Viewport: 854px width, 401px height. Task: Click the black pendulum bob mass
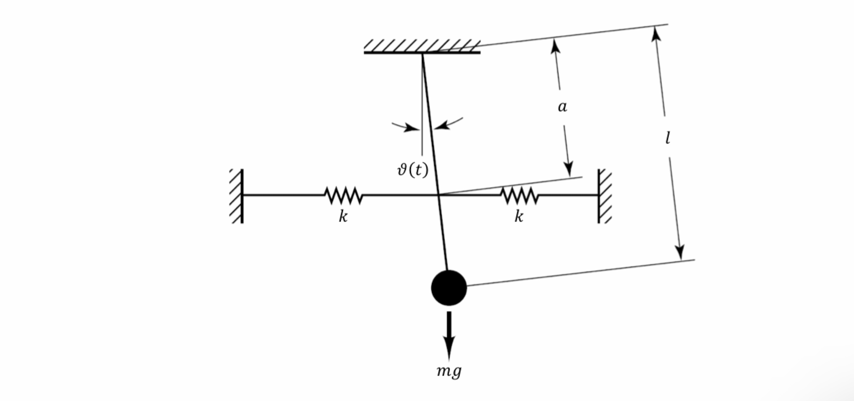pos(449,287)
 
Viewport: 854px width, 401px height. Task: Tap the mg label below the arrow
pos(449,371)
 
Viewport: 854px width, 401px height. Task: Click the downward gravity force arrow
pos(449,335)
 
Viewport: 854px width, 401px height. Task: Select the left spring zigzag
pos(344,195)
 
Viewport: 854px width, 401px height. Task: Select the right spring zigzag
pos(519,195)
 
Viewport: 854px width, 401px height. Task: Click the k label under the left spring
pos(343,217)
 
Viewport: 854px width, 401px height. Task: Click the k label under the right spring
pos(519,217)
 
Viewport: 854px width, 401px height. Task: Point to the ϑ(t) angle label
pos(413,170)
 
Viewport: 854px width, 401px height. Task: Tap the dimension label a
pos(562,107)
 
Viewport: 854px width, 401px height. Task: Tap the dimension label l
pos(668,138)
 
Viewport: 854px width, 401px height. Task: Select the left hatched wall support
pos(237,196)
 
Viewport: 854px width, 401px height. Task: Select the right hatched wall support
pos(604,196)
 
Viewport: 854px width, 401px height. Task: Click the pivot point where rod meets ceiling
pos(422,53)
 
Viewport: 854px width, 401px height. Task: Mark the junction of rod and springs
pos(439,195)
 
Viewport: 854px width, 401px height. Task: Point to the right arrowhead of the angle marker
pos(442,126)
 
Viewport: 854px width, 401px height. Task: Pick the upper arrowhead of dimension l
pos(655,33)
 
